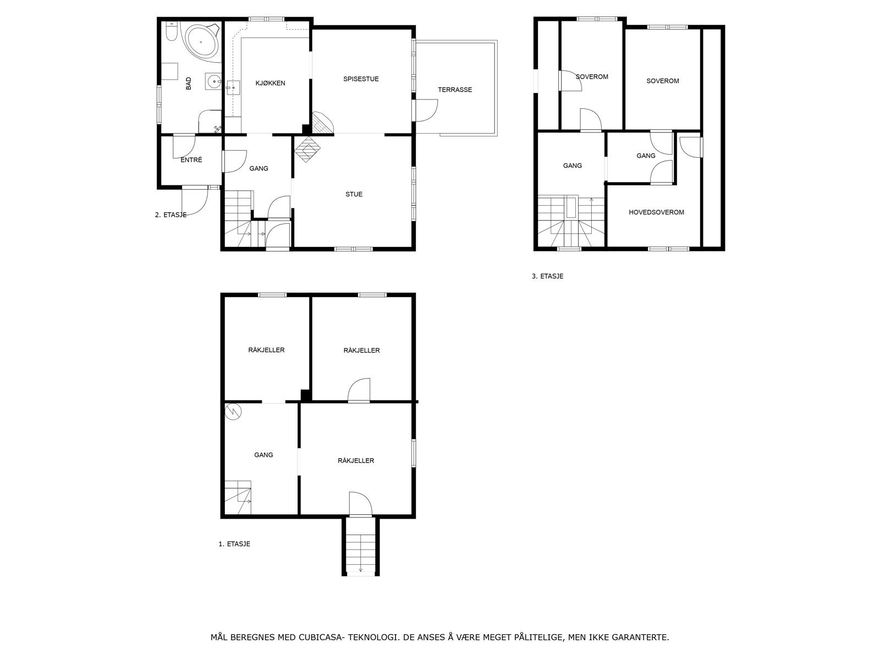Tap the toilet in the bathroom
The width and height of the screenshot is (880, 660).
(x=170, y=32)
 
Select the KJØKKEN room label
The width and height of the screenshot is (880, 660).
(x=270, y=84)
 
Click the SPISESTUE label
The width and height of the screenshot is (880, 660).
(x=361, y=79)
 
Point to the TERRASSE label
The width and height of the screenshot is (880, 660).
(x=455, y=90)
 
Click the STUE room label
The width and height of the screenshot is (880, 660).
(x=354, y=194)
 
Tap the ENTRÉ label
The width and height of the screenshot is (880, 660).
(x=191, y=160)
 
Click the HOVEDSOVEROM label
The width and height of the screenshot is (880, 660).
(x=656, y=212)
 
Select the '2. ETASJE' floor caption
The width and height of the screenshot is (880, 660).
(x=170, y=215)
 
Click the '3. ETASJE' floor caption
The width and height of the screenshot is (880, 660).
(x=547, y=277)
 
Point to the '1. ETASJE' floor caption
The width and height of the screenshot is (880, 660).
(x=234, y=544)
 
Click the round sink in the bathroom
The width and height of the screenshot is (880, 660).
(x=212, y=82)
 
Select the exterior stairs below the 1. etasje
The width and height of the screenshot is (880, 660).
(x=361, y=547)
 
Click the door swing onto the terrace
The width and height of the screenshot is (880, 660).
(x=426, y=110)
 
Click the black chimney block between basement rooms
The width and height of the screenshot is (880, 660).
(x=306, y=394)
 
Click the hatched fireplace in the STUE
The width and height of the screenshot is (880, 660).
(x=307, y=148)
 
